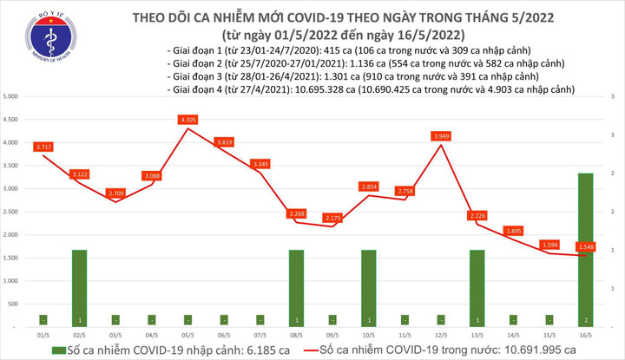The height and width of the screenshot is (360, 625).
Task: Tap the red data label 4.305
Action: tap(187, 119)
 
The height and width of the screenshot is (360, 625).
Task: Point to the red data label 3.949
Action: tap(441, 136)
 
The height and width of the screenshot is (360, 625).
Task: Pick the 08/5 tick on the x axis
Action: tap(296, 335)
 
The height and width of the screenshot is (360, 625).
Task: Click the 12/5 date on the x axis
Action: tap(440, 335)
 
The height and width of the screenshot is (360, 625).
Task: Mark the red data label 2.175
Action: tap(332, 217)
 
